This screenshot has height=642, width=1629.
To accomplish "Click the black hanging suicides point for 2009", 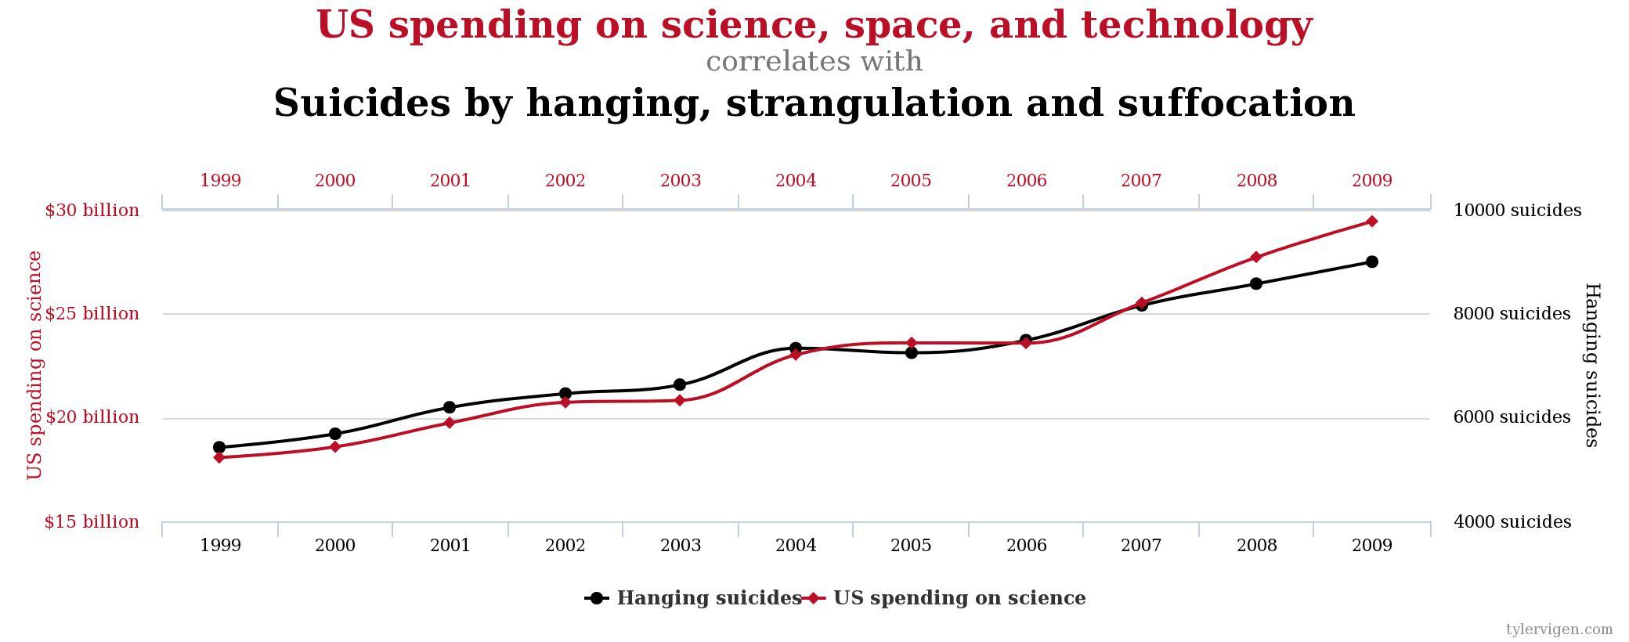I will point(1371,261).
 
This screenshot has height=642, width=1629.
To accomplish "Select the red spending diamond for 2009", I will point(1371,222).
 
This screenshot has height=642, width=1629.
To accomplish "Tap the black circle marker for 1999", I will point(219,448).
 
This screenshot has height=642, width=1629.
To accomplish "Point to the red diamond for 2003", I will point(680,401).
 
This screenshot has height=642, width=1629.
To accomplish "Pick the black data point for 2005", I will point(911,353).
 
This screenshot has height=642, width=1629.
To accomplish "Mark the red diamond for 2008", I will point(1256,257).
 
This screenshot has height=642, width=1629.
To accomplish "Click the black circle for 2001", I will point(450,407).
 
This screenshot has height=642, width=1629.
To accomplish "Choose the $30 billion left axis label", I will point(92,211).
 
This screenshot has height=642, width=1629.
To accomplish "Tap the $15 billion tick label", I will point(92,522).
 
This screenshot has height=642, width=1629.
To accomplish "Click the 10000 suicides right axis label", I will point(1517,211).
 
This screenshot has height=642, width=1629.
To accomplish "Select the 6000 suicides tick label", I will point(1512,417).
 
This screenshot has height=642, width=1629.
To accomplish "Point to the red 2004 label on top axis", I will point(796,181).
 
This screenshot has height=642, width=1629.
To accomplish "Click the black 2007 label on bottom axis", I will point(1141,546).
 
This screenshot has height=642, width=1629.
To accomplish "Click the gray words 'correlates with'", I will point(814,62).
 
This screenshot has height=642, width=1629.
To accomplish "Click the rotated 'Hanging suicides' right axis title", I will point(1591,365).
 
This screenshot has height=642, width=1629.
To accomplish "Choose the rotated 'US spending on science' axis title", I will point(34,365).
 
